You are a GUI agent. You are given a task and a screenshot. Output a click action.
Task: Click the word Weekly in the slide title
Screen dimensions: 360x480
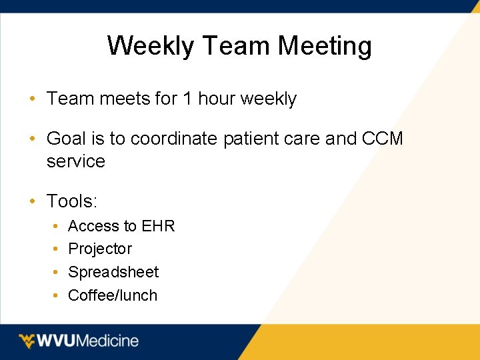(150, 47)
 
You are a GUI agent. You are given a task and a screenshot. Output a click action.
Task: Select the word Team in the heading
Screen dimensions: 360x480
(236, 47)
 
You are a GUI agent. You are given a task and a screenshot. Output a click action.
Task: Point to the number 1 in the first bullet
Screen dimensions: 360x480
(187, 99)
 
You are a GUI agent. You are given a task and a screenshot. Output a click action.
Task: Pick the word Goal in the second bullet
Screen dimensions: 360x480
(65, 139)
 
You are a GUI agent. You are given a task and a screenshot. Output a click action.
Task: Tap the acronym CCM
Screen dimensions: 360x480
(383, 139)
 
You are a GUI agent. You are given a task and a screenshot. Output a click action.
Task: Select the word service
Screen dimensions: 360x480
(76, 161)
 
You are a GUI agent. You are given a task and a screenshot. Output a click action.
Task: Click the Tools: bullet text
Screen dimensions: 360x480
(72, 201)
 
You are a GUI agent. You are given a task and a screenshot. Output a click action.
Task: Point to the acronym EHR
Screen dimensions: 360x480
(159, 226)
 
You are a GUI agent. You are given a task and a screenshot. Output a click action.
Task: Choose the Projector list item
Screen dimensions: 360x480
(100, 249)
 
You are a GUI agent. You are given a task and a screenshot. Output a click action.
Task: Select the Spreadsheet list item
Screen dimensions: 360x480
(113, 272)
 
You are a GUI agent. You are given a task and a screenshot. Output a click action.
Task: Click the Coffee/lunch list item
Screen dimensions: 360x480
(113, 295)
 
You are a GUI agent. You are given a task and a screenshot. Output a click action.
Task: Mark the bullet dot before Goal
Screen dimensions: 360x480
(32, 139)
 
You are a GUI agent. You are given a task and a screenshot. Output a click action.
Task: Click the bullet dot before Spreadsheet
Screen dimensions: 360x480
(54, 273)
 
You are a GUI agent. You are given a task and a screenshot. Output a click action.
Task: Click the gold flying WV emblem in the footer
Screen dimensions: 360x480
(27, 341)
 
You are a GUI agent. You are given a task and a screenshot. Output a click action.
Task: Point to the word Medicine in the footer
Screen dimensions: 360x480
(109, 341)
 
